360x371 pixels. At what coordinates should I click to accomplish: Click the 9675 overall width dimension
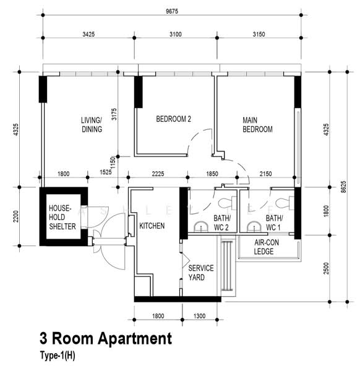tap(172, 11)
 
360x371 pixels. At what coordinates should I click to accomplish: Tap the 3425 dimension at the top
tap(88, 34)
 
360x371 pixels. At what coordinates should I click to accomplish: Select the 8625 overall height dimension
tap(343, 187)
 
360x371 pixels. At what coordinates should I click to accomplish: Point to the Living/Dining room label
tap(92, 125)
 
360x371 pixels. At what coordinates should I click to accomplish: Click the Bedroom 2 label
tap(173, 119)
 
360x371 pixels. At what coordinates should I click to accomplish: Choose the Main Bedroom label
tap(257, 125)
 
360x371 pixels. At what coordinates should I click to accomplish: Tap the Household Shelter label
tap(62, 217)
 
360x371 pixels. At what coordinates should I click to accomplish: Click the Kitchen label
tap(152, 226)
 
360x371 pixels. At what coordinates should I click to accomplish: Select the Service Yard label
tap(201, 273)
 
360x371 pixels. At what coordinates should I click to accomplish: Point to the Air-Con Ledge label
tap(267, 247)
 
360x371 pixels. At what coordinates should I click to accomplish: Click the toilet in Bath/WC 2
tap(227, 203)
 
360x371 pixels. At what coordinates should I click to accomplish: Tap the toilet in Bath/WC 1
tap(285, 203)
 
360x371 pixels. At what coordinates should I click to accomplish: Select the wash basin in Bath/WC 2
tap(201, 226)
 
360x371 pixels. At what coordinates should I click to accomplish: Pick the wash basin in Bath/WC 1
tap(254, 226)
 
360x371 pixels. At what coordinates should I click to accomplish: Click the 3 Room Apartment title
tap(106, 338)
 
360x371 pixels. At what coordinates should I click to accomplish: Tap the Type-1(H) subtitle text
tap(58, 356)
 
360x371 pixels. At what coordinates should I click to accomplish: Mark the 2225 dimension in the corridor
tap(158, 174)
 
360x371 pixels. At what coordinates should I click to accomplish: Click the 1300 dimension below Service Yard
tap(199, 316)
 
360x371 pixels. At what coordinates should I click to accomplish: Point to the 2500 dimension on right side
tap(327, 268)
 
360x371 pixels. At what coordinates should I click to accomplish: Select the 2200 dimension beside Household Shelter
tap(15, 216)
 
